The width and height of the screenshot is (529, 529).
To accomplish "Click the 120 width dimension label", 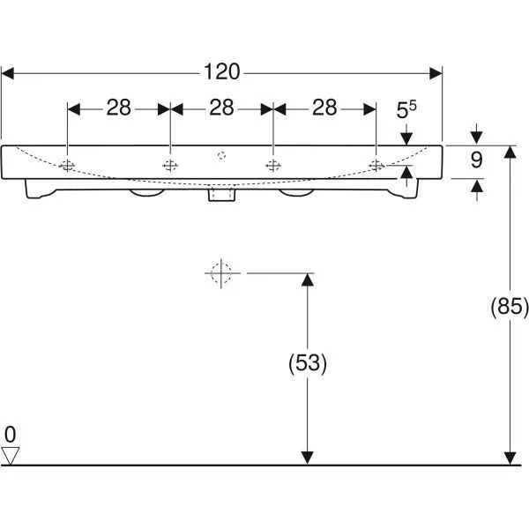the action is (x=222, y=72).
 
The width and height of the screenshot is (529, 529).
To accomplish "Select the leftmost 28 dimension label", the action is (x=119, y=108).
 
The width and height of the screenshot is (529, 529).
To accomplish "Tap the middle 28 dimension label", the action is (x=221, y=108).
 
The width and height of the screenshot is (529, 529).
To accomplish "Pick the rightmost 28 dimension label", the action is (x=324, y=108).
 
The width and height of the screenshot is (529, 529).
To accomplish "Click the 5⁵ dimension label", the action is (x=406, y=109).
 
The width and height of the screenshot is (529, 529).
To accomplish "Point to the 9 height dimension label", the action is (x=476, y=160).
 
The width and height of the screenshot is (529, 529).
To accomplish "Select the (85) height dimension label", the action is (x=510, y=307).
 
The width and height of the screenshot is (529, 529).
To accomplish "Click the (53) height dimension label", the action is (x=308, y=363).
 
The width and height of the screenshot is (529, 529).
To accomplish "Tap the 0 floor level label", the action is (x=10, y=435).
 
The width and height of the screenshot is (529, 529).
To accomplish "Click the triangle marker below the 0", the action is (x=10, y=456).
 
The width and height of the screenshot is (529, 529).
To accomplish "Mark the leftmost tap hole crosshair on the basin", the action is (x=67, y=166).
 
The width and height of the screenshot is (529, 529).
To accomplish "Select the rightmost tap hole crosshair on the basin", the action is (x=376, y=166).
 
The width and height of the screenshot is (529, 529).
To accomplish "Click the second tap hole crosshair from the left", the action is (x=170, y=166).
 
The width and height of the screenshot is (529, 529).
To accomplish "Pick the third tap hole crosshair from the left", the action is (x=273, y=166).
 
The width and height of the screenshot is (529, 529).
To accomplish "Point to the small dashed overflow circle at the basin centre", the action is (x=221, y=155).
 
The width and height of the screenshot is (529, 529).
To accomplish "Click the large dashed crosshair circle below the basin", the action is (x=221, y=273).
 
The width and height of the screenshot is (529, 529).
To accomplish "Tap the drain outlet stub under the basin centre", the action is (x=221, y=196).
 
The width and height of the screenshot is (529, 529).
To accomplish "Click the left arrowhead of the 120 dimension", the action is (x=8, y=73).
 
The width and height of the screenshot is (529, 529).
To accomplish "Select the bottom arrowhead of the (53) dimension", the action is (x=308, y=458).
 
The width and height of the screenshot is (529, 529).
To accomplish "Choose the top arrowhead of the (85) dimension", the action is (x=510, y=153).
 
